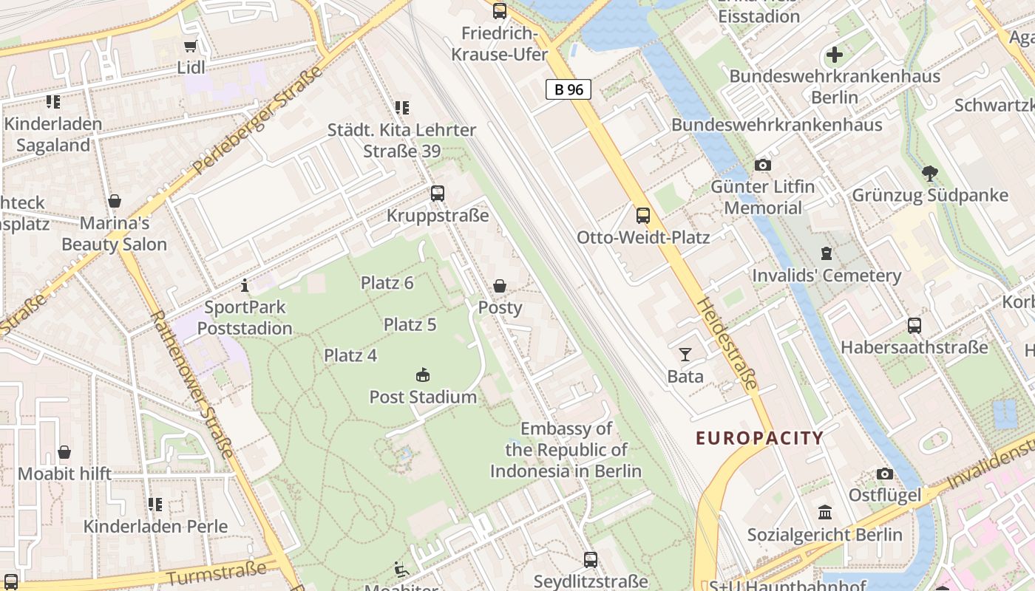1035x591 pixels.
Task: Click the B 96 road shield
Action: [569, 89]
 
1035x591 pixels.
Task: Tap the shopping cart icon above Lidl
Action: [190, 46]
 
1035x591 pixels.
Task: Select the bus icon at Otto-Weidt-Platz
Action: [643, 216]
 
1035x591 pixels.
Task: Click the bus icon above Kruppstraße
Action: [438, 194]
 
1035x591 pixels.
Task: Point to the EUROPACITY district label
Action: [759, 438]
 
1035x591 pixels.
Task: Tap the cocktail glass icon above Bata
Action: [685, 355]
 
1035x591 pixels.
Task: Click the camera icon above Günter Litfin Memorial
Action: [763, 165]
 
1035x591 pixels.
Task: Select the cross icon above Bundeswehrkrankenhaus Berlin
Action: [835, 55]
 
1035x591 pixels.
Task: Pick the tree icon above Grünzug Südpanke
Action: [930, 174]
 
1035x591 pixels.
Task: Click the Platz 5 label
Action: [410, 324]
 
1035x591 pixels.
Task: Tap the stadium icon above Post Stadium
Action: [423, 375]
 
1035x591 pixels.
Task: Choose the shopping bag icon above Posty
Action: [500, 286]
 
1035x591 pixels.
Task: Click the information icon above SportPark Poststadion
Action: [245, 285]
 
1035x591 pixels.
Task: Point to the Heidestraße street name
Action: [727, 344]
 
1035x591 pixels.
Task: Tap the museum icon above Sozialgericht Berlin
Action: [824, 513]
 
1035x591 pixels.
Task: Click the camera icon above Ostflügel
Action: [885, 474]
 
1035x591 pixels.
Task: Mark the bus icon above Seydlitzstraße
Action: [590, 560]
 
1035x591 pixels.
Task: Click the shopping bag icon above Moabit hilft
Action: [64, 452]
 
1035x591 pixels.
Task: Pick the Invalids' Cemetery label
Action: [826, 276]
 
